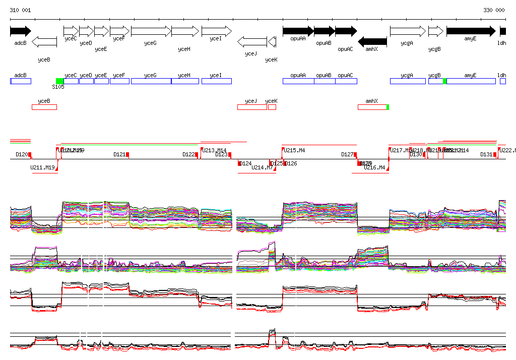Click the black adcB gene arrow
(20, 31)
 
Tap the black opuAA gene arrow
(298, 31)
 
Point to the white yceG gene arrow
(151, 31)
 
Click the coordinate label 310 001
(20, 10)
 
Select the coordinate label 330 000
(494, 10)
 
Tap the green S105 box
(59, 81)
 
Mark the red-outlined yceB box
(44, 107)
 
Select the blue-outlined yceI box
(216, 81)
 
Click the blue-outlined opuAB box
(324, 81)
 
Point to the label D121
(119, 154)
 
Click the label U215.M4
(294, 150)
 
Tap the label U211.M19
(42, 167)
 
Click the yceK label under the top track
(271, 59)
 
